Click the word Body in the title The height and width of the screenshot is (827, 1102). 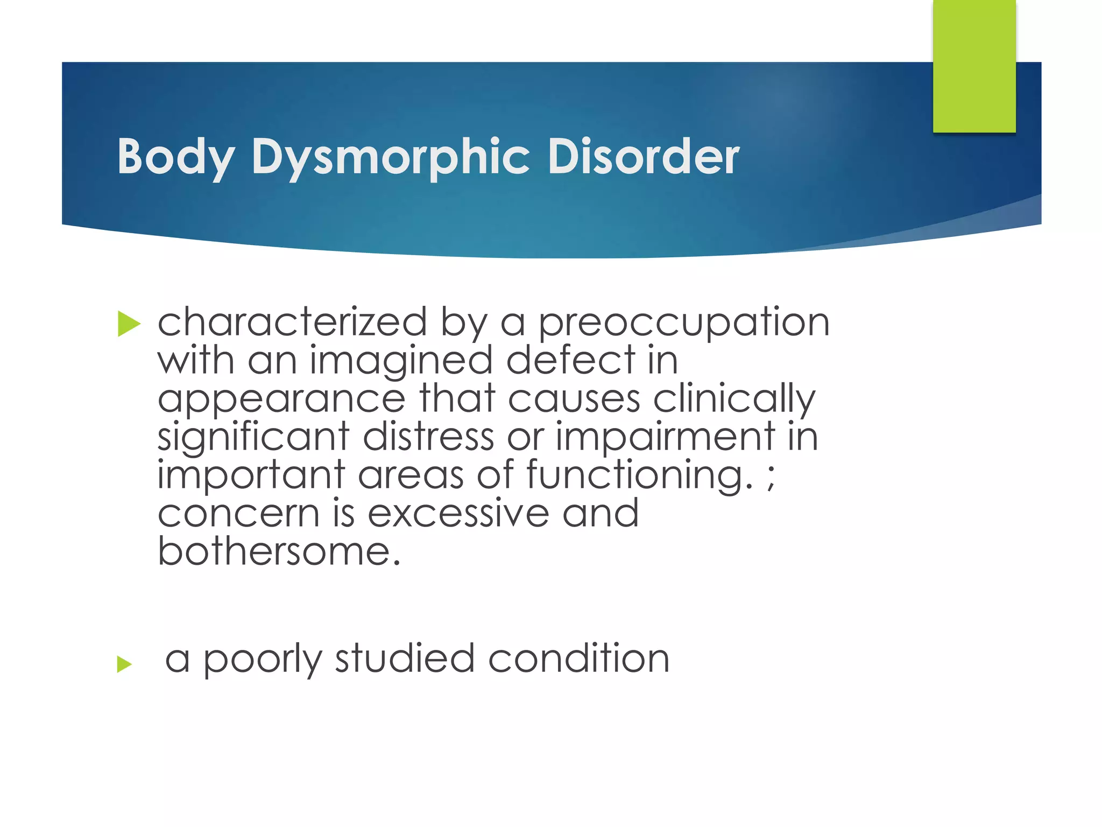point(175,157)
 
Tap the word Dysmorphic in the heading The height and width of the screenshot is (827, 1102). point(391,157)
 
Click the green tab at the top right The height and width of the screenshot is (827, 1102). point(974,66)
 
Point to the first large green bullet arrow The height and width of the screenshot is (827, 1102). point(129,324)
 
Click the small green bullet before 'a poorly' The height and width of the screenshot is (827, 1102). point(124,664)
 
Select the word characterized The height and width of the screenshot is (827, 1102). point(292,323)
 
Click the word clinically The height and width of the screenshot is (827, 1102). point(734,400)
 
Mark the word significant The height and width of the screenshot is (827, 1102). point(253,437)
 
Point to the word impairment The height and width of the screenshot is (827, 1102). point(665,437)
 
